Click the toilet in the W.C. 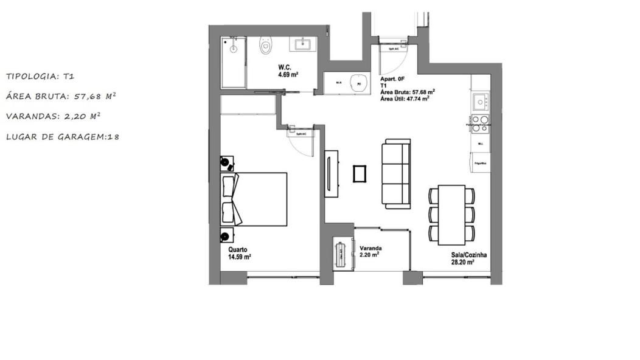[x=266, y=45]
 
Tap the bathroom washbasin [x=303, y=44]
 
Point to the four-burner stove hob [x=480, y=123]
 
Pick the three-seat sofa [x=396, y=173]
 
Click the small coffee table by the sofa [x=360, y=174]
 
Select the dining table [x=451, y=214]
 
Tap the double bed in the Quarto [x=254, y=199]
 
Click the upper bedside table [x=227, y=162]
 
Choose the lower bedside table [x=227, y=235]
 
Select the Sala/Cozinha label [x=468, y=260]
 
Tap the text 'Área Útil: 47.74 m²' [x=405, y=97]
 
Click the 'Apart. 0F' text [x=392, y=80]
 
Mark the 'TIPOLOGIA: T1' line [x=40, y=77]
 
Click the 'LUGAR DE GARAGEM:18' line [x=62, y=137]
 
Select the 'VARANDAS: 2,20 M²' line [x=54, y=116]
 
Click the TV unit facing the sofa [x=332, y=173]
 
